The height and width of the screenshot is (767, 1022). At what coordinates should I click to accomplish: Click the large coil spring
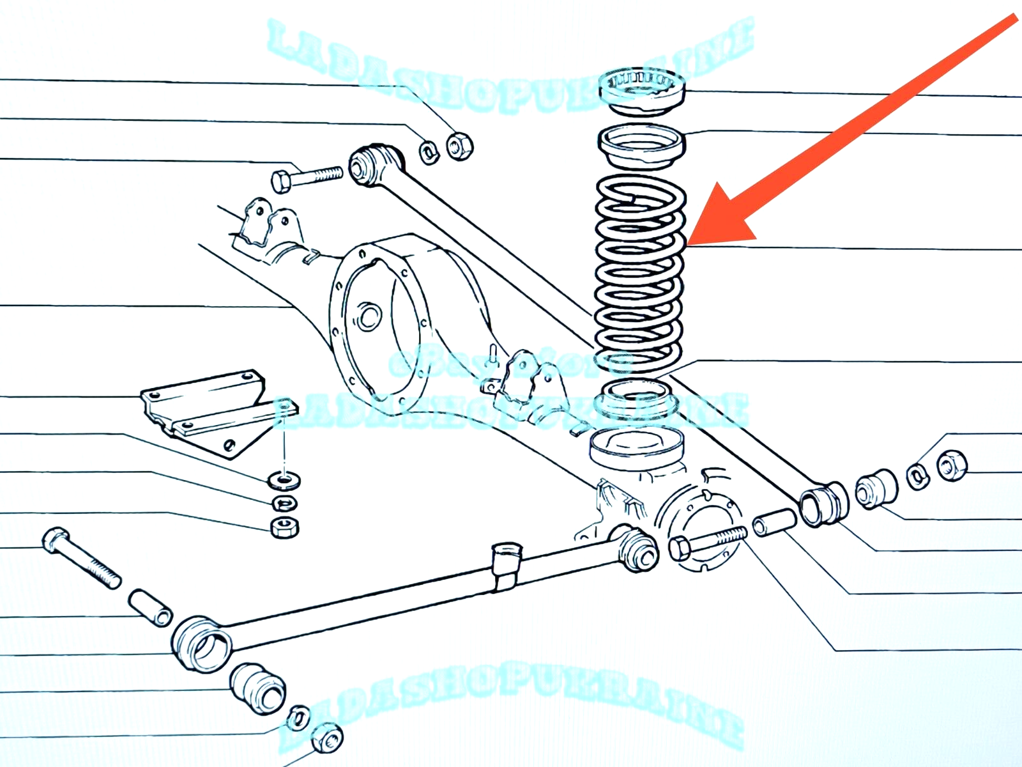640,275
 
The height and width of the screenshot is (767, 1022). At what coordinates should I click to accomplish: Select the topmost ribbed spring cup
642,89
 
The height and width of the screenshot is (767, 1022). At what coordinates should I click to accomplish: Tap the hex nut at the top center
459,146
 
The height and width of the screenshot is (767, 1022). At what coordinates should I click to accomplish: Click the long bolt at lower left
80,556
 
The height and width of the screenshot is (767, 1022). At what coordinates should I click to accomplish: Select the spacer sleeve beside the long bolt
151,607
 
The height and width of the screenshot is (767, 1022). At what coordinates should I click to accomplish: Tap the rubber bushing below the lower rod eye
257,689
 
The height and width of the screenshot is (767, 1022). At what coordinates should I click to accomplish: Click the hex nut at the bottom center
328,738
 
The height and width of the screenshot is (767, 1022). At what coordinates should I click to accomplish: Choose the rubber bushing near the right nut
876,490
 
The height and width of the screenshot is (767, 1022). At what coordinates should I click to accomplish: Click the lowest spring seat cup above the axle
636,447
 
